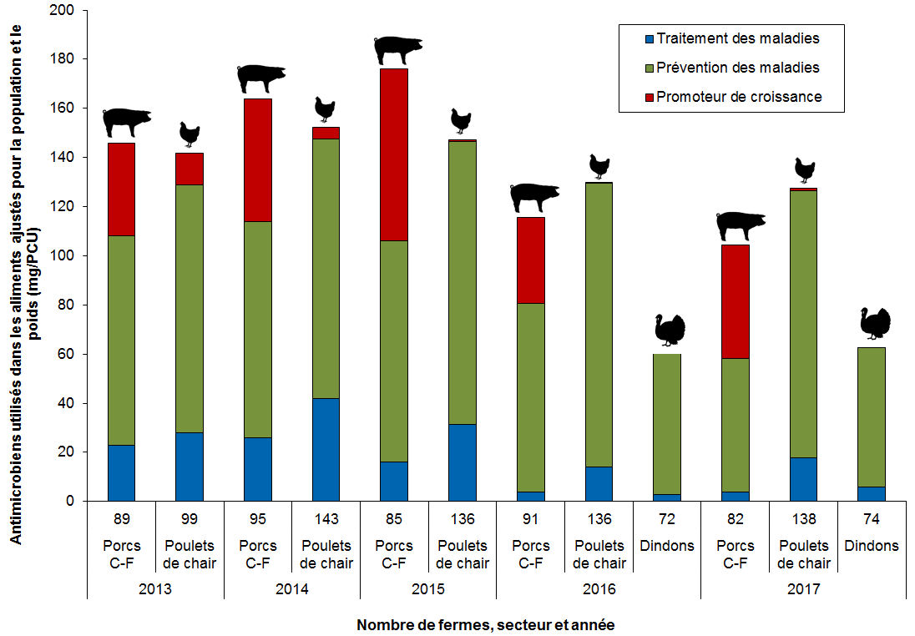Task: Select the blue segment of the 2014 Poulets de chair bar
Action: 326,450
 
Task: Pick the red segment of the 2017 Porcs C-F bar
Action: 736,301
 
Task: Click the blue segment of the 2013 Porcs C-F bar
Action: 121,472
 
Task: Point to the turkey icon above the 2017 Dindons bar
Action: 874,323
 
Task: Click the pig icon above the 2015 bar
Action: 398,50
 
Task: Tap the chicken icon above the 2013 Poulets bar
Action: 190,134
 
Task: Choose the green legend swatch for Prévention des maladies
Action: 646,68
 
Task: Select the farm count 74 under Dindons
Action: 872,520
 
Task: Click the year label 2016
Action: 599,589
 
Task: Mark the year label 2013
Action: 155,589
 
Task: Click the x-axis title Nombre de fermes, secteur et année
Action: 486,624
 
